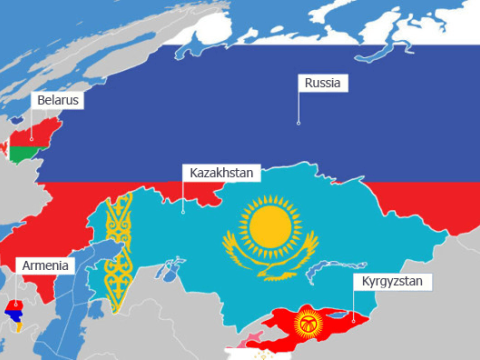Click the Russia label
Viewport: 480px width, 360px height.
point(324,83)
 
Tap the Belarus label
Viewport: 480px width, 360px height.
point(57,101)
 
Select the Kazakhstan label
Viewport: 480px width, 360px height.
point(222,172)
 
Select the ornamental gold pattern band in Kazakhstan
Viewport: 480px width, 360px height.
point(119,250)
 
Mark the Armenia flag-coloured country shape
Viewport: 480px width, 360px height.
point(16,314)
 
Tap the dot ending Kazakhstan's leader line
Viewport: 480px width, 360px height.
point(183,211)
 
